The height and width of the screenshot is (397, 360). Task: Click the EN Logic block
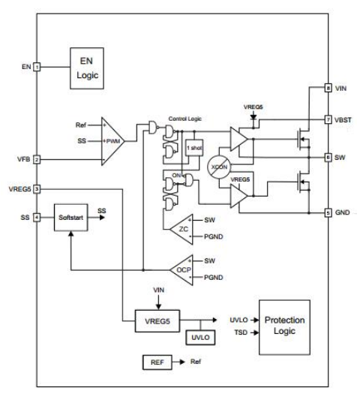87,68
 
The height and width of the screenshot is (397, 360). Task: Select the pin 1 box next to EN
37,67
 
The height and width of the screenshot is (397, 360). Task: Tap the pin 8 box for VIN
328,88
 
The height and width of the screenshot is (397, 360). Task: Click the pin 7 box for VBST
328,119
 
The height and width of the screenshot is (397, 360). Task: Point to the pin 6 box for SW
328,158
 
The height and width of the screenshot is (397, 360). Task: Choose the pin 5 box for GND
328,212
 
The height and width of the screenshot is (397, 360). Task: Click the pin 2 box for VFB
37,160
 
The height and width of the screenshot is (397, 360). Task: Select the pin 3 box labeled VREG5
37,189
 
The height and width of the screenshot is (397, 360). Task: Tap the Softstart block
71,218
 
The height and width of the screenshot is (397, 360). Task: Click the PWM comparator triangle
111,141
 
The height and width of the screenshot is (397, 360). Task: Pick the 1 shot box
194,148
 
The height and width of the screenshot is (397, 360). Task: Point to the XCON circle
219,167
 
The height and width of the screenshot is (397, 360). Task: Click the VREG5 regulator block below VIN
157,321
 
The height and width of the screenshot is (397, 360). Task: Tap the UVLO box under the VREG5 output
200,337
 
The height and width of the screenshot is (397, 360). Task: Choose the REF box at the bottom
157,362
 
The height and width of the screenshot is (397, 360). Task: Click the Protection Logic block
284,327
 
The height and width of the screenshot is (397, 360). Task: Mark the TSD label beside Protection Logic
241,332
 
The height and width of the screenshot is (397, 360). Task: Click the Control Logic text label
185,119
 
